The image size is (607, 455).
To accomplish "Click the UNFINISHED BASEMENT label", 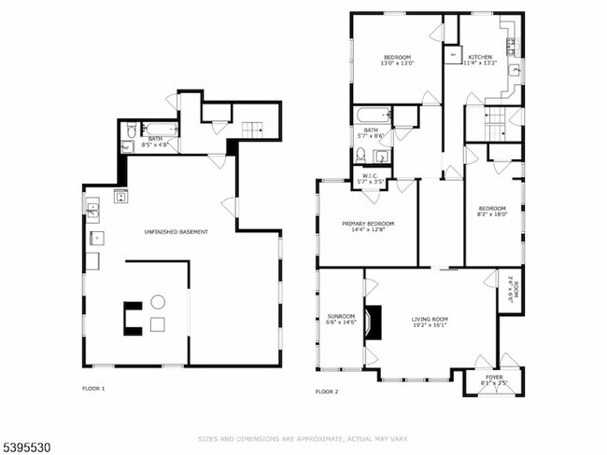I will coord(176,231).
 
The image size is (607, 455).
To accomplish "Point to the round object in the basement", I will coord(158,301).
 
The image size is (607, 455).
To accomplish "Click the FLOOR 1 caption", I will coord(93,388).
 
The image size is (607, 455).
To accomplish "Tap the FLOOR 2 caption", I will coord(327,392).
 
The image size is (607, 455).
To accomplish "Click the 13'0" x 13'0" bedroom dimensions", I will coord(396,63).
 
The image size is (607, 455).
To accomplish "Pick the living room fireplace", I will coord(373,322).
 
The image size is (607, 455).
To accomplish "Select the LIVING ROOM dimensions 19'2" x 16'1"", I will coord(430,324).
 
